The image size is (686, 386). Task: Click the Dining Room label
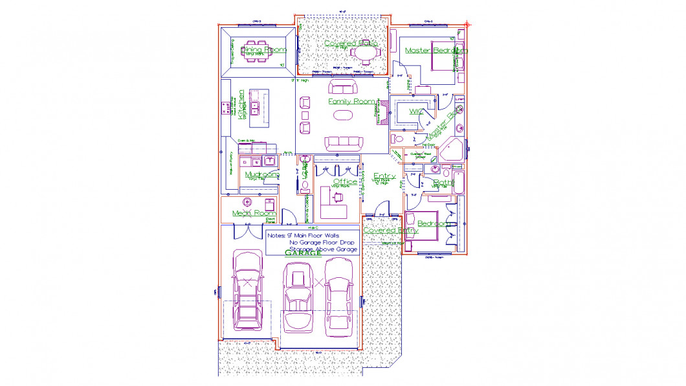[x=263, y=49]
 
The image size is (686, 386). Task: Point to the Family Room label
[x=351, y=102]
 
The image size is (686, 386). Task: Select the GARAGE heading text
[x=303, y=253]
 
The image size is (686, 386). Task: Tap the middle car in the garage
[x=298, y=300]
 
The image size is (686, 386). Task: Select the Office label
[x=344, y=182]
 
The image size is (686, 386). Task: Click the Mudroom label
[x=262, y=174]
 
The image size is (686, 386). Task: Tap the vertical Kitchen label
[x=241, y=105]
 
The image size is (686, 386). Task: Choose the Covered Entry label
[x=390, y=230]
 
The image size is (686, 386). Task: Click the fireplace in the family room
[x=382, y=114]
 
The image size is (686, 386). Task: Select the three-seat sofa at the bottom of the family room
[x=344, y=142]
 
